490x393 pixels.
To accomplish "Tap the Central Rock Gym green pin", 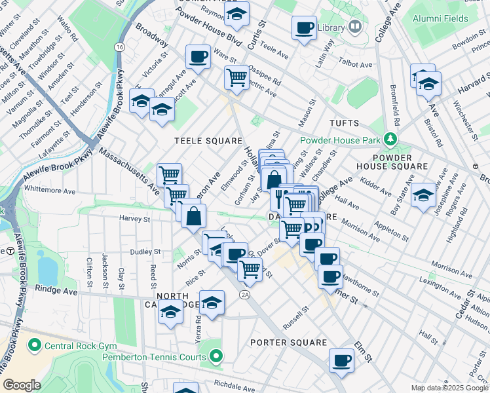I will [x=33, y=344].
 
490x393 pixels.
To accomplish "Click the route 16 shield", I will [x=119, y=47].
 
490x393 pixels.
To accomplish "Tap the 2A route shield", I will [x=245, y=296].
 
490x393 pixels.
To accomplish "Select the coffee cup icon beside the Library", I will [x=304, y=28].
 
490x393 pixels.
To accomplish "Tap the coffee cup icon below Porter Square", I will [x=341, y=360].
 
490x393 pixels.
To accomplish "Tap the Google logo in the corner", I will [x=22, y=385].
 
